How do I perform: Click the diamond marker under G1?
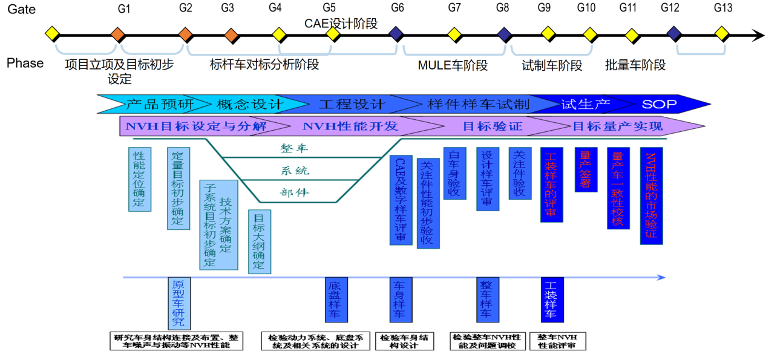click(x=118, y=34)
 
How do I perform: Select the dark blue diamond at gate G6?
click(x=397, y=34)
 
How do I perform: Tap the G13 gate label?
click(x=723, y=8)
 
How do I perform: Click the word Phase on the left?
click(x=25, y=63)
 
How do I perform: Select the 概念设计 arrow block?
click(x=249, y=105)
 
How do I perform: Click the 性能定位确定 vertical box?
click(x=140, y=179)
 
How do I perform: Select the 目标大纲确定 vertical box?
click(x=260, y=241)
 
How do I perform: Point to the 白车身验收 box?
click(x=454, y=173)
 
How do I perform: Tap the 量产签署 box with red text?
click(x=586, y=169)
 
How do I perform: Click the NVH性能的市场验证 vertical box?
click(x=651, y=196)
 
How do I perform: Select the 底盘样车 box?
click(x=336, y=300)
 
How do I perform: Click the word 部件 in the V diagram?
click(x=295, y=192)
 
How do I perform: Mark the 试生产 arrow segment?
click(x=585, y=105)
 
